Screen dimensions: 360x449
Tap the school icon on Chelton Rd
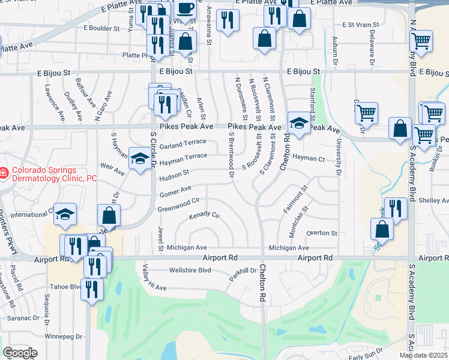click(298, 124)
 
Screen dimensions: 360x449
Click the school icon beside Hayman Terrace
click(140, 159)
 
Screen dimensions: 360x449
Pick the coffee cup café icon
click(185, 8)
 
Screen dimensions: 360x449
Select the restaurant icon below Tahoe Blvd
click(91, 289)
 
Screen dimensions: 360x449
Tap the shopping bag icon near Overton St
click(382, 229)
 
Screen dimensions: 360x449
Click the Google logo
click(20, 353)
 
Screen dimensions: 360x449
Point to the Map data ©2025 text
click(424, 355)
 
